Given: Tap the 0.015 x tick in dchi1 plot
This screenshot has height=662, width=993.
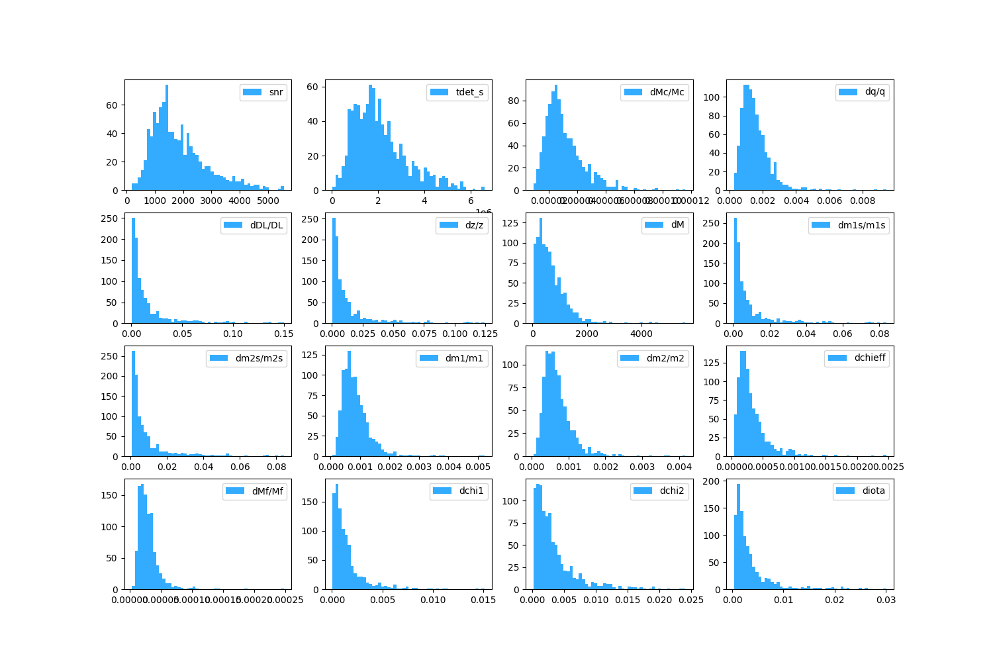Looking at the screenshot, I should [483, 600].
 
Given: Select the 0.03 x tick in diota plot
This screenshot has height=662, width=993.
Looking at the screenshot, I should [886, 600].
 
